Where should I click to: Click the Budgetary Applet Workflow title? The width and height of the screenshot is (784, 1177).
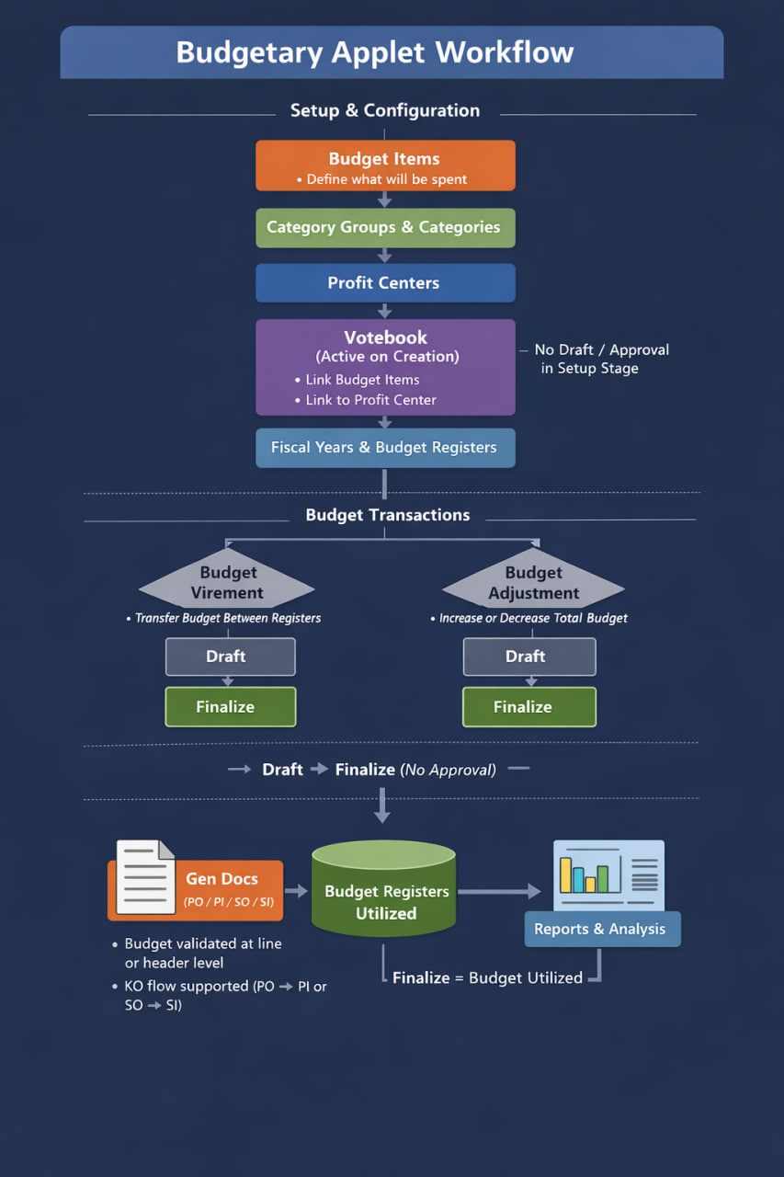click(x=374, y=51)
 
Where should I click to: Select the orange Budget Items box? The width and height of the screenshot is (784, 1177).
click(x=385, y=166)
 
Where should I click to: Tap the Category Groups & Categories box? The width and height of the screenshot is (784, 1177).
click(x=385, y=227)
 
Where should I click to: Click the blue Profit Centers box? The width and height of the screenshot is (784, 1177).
click(x=385, y=283)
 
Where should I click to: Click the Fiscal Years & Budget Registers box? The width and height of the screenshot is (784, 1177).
click(x=385, y=448)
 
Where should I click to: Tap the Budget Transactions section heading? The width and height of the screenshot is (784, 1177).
click(x=387, y=515)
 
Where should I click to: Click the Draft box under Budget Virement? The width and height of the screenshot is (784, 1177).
click(x=230, y=657)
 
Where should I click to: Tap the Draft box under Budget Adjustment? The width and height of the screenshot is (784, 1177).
click(x=528, y=657)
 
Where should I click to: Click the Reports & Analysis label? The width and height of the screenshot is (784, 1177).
click(x=601, y=929)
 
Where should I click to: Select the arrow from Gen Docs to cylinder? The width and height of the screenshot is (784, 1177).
click(x=296, y=891)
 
